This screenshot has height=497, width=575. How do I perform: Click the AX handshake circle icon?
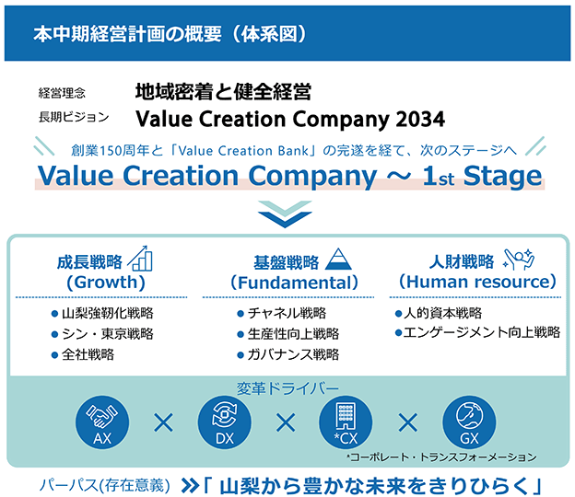pos(102,422)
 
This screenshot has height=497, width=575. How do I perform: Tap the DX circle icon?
pos(225,422)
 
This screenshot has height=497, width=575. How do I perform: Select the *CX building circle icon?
pos(346,422)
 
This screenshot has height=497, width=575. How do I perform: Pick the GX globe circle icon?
pos(469,422)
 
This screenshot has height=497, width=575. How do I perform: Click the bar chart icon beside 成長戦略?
pos(140,259)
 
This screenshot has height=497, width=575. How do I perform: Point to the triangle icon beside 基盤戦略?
pos(338,259)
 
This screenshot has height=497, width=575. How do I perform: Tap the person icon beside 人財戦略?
pos(519,259)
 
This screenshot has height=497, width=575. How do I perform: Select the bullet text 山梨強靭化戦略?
pos(108,313)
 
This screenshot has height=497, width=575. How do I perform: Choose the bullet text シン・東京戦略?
pos(108,334)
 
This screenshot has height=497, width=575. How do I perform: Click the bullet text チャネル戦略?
pos(287,313)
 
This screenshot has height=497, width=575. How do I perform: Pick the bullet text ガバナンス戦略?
pos(293,354)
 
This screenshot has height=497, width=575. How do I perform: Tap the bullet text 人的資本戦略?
pos(442,313)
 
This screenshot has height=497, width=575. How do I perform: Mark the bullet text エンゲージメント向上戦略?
pos(482,332)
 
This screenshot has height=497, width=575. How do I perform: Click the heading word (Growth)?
pos(106,283)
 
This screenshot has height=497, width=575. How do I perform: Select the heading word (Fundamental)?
pos(294,283)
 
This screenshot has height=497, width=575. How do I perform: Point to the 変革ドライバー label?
pos(287,388)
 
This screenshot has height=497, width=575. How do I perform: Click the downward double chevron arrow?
pos(285,214)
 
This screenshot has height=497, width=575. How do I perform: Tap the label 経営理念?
pos(62,93)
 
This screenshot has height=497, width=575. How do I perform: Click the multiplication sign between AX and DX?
pos(163,423)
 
